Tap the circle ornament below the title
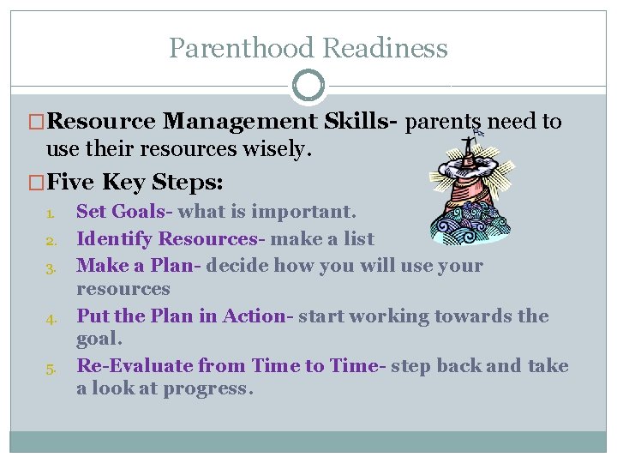coord(308,86)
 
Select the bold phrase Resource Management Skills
coord(225,122)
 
